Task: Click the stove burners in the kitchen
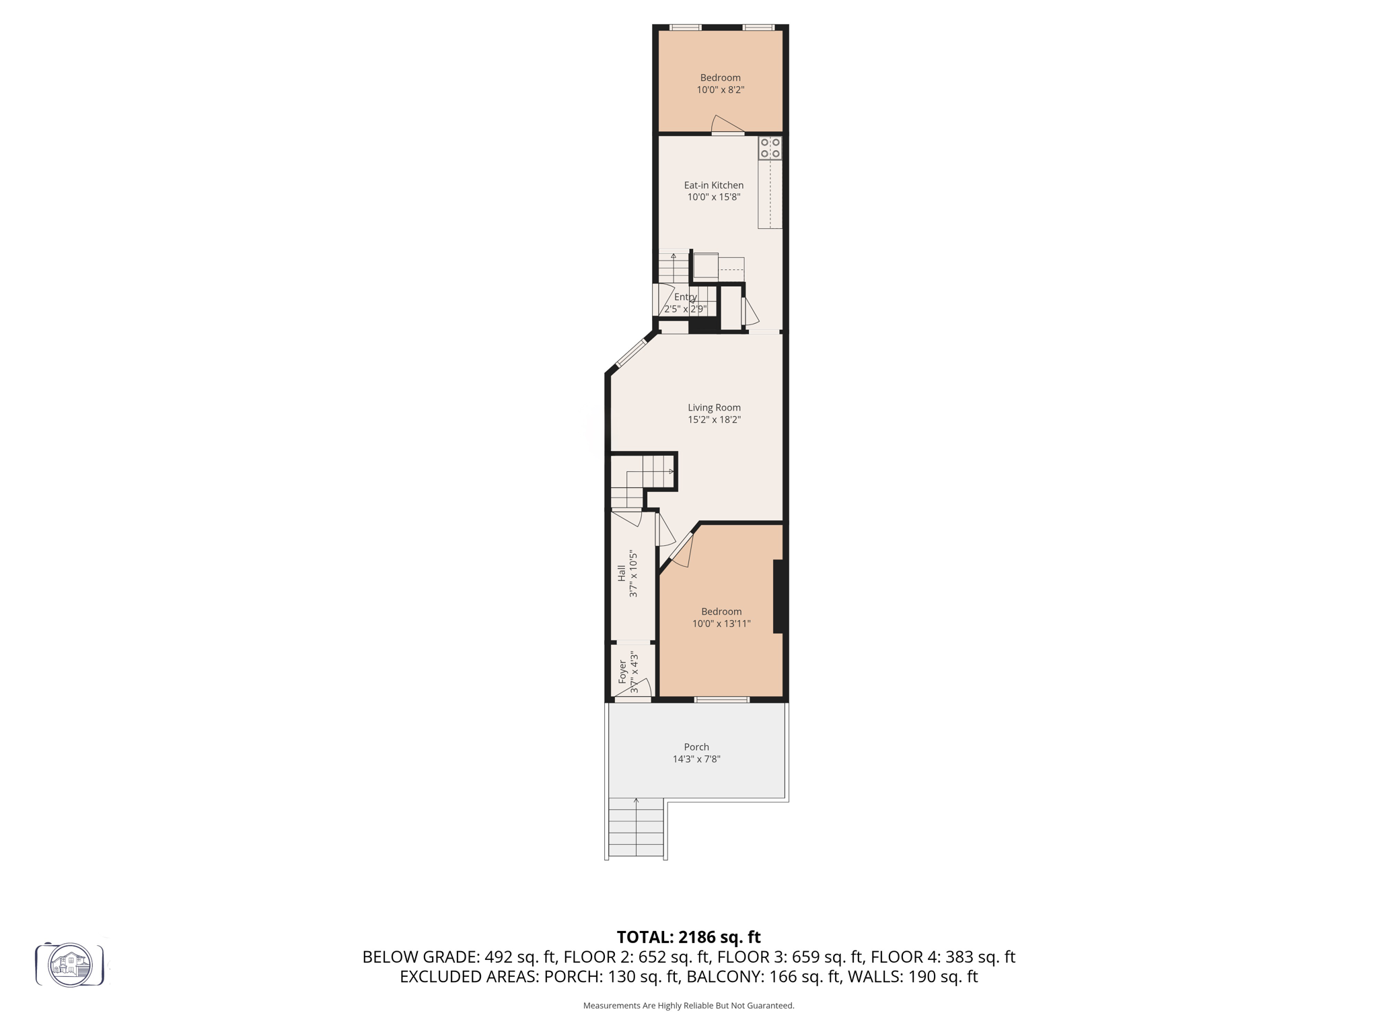[x=770, y=148]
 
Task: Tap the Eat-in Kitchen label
[x=713, y=185]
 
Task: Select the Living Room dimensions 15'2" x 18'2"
[x=714, y=419]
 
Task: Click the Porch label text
[x=696, y=747]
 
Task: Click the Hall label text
[x=622, y=573]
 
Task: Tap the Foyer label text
[x=622, y=671]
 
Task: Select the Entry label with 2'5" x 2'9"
[x=685, y=303]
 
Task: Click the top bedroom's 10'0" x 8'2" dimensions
[x=720, y=90]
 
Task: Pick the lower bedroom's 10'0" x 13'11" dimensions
[x=721, y=623]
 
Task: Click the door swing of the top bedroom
[x=726, y=125]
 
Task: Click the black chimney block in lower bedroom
[x=779, y=596]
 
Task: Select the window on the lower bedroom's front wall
[x=721, y=700]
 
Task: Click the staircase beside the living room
[x=643, y=479]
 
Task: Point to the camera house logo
[x=70, y=965]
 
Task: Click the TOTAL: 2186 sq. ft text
[x=688, y=937]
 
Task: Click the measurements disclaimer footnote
[x=688, y=1006]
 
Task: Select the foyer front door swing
[x=640, y=689]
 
